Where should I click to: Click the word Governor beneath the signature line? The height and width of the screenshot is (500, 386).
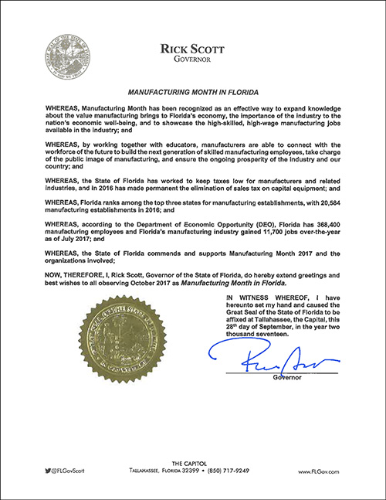click(286, 378)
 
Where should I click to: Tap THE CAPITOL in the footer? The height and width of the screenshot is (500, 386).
click(192, 461)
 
